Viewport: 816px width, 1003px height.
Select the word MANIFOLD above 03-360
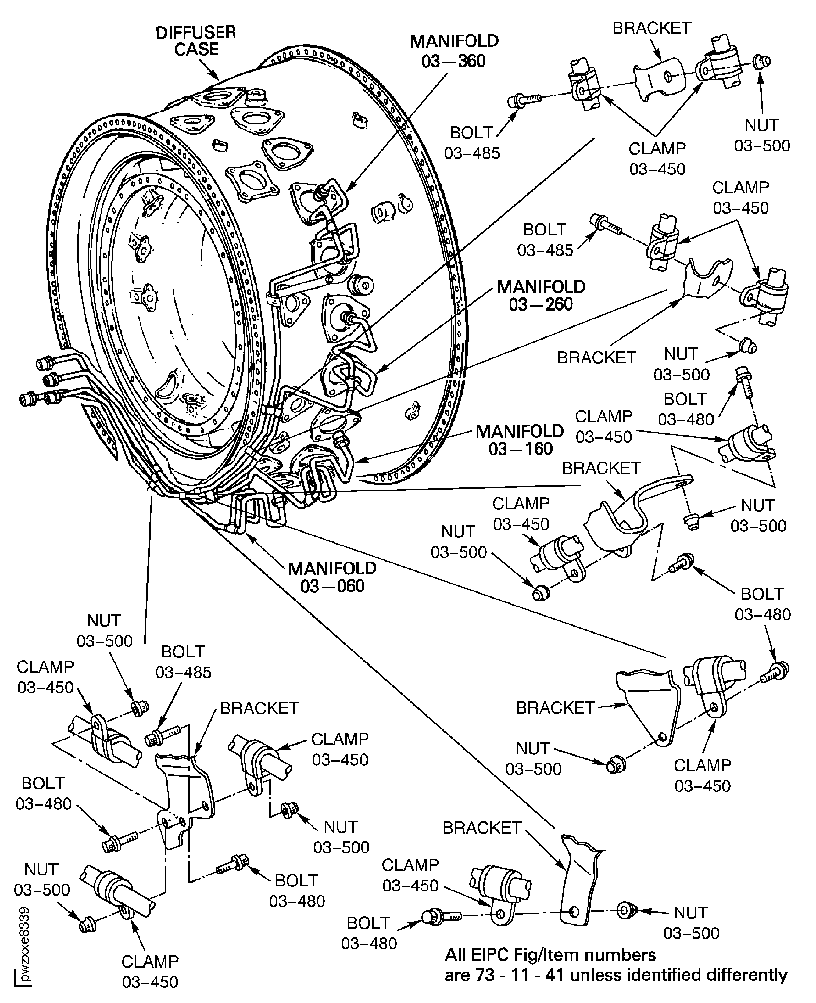point(454,41)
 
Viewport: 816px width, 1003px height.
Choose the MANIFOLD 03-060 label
point(332,577)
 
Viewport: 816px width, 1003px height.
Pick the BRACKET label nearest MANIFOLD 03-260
point(596,358)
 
